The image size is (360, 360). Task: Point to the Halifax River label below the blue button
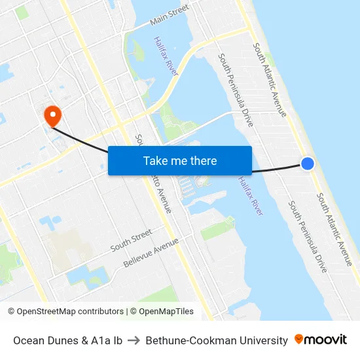click(251, 196)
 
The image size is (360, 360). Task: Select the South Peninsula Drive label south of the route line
click(308, 237)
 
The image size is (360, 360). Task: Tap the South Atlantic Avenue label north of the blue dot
click(270, 80)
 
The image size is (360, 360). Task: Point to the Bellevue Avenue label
click(151, 253)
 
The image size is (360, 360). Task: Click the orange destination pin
click(52, 116)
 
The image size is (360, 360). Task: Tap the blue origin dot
click(307, 164)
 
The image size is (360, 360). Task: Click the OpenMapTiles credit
click(166, 312)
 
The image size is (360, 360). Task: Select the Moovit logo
click(321, 340)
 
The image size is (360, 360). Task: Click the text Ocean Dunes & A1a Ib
click(67, 340)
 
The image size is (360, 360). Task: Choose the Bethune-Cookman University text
click(217, 340)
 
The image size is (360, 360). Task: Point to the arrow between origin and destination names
click(134, 340)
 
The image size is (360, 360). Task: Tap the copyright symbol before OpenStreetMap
click(12, 312)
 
